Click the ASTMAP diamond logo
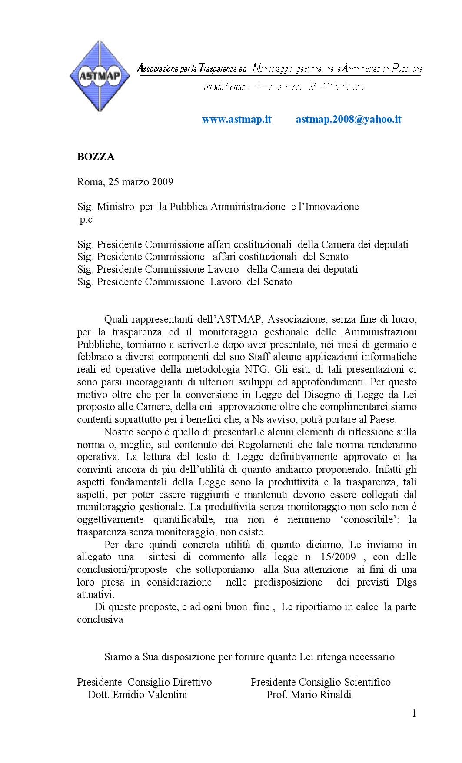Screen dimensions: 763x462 pos(100,76)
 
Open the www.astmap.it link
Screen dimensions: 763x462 pos(236,120)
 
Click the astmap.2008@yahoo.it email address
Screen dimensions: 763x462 pos(348,120)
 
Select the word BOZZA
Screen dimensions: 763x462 pos(96,157)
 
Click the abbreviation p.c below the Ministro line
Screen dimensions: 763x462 pos(86,220)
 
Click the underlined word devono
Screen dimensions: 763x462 pos(309,495)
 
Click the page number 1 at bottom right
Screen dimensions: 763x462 pos(414,714)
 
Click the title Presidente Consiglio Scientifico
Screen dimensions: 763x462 pos(321,682)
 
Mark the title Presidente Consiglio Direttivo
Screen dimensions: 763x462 pos(144,682)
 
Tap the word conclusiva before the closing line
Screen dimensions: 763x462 pos(100,620)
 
